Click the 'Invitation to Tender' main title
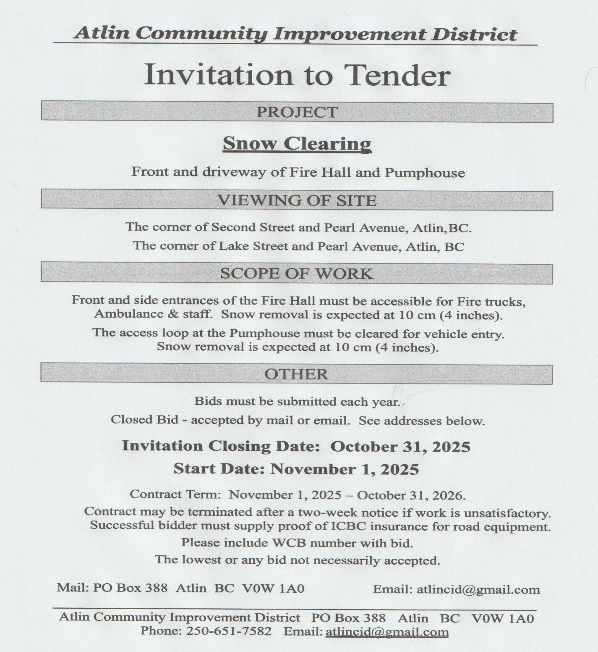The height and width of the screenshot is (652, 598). [297, 75]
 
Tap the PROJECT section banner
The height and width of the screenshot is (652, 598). [297, 112]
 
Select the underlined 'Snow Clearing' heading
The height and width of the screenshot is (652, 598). [297, 144]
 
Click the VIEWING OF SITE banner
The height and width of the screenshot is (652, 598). [297, 200]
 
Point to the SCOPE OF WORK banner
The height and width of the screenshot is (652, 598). [297, 273]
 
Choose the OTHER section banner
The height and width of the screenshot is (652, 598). [296, 374]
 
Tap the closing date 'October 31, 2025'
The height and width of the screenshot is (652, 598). [400, 447]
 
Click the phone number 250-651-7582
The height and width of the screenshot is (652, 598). [228, 631]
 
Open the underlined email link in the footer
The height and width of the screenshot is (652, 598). [387, 632]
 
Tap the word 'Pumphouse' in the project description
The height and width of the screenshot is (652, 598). [425, 173]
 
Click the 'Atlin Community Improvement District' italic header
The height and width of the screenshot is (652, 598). [295, 34]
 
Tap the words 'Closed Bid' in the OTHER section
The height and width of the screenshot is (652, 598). [144, 419]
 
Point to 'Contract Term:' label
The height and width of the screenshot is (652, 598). [175, 494]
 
